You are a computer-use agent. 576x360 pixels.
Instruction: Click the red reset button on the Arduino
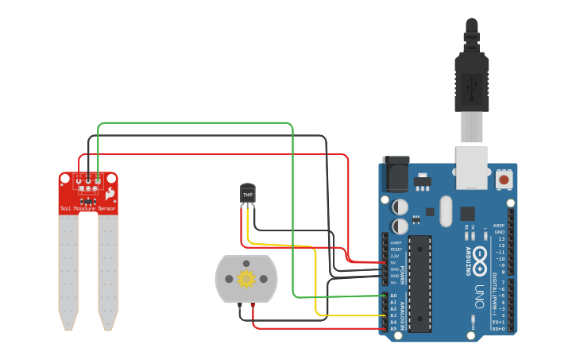coord(504,180)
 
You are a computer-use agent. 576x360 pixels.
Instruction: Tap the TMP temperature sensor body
coord(248,193)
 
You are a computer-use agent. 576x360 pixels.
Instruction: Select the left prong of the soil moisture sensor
coord(68,270)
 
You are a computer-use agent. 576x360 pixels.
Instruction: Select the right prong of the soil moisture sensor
coord(108,270)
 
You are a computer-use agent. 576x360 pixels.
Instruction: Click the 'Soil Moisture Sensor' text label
coord(88,208)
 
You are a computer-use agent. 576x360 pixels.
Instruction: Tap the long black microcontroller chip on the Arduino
coord(419,282)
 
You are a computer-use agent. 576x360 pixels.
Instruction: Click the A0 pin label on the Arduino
coord(393,296)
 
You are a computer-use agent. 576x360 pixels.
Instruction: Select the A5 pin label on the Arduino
coord(393,328)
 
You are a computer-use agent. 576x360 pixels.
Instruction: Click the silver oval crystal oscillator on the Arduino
coord(445,211)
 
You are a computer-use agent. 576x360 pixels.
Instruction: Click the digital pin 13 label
coord(501,238)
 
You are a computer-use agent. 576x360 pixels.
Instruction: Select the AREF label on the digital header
coord(499,226)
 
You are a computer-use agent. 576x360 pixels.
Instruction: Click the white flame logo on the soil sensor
coord(110,193)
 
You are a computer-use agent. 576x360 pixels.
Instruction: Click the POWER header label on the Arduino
coord(402,274)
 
